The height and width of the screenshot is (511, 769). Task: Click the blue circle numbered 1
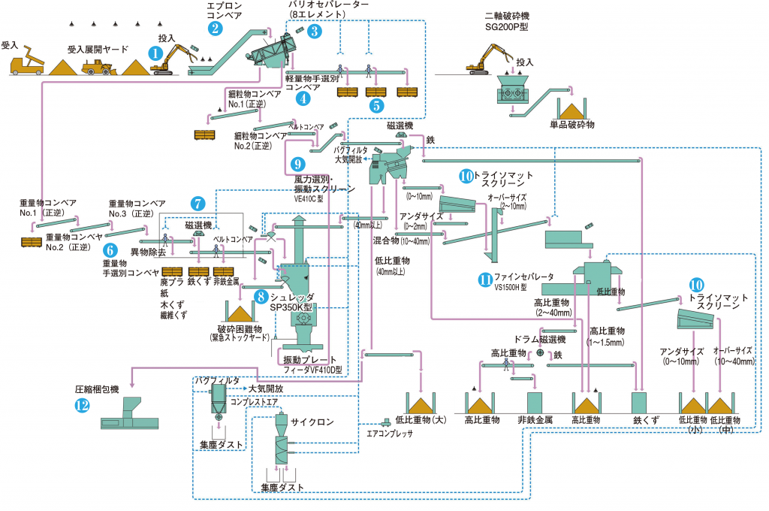[155, 53]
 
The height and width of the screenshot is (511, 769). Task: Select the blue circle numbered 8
[260, 297]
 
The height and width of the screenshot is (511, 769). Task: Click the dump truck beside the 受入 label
[26, 63]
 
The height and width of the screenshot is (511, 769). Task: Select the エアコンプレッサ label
[390, 433]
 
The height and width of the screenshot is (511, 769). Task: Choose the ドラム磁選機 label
[538, 339]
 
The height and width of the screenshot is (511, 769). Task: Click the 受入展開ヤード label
[98, 49]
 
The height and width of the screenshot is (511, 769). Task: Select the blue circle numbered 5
[375, 105]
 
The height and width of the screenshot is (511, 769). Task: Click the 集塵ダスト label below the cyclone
[282, 488]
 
